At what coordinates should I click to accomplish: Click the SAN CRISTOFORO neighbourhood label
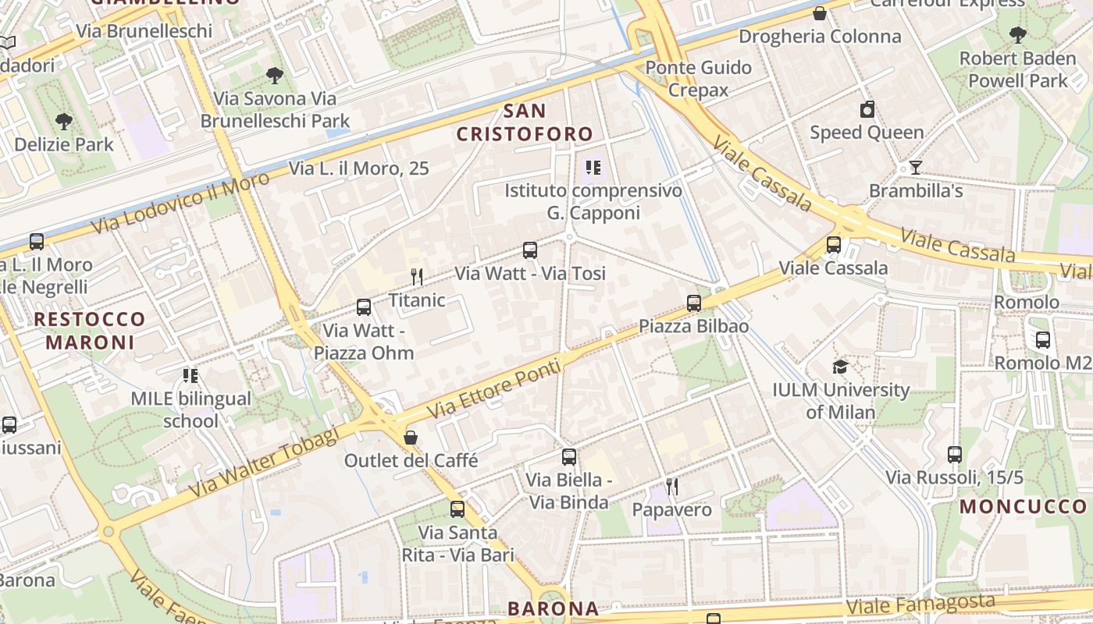(x=525, y=122)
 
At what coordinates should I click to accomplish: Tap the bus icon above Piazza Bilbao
(x=694, y=303)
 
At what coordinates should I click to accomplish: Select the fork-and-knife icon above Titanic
(x=417, y=277)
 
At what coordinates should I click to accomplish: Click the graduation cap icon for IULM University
(x=840, y=367)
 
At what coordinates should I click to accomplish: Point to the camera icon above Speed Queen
(x=867, y=110)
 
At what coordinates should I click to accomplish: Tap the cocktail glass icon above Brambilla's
(x=915, y=168)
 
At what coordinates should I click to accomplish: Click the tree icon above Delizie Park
(x=64, y=122)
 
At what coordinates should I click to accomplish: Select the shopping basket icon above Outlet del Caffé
(x=411, y=438)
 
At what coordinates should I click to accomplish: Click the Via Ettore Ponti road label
(x=494, y=385)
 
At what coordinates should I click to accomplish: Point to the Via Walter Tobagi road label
(x=264, y=461)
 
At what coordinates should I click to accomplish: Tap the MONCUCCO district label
(x=1023, y=506)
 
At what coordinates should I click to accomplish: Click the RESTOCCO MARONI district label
(x=90, y=330)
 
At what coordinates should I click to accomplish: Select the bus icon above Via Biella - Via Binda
(x=569, y=457)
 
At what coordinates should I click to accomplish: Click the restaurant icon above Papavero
(x=671, y=487)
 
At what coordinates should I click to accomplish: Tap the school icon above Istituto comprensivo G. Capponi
(x=593, y=168)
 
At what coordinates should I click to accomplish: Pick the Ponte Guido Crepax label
(x=698, y=78)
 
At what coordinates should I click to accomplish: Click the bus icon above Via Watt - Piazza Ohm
(x=363, y=307)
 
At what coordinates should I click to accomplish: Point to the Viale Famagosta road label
(x=920, y=603)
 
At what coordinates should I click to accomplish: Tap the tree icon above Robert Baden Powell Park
(x=1017, y=35)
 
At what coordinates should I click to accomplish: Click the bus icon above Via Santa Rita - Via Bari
(x=457, y=509)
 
